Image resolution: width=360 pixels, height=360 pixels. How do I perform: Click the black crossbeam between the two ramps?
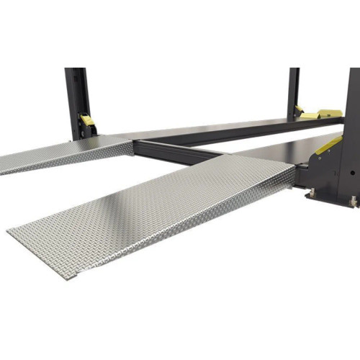pyautogui.click(x=173, y=152)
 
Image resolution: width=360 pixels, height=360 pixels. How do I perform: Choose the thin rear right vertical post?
pyautogui.click(x=293, y=90)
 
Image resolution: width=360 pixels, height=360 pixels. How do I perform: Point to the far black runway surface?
pyautogui.click(x=216, y=128)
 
